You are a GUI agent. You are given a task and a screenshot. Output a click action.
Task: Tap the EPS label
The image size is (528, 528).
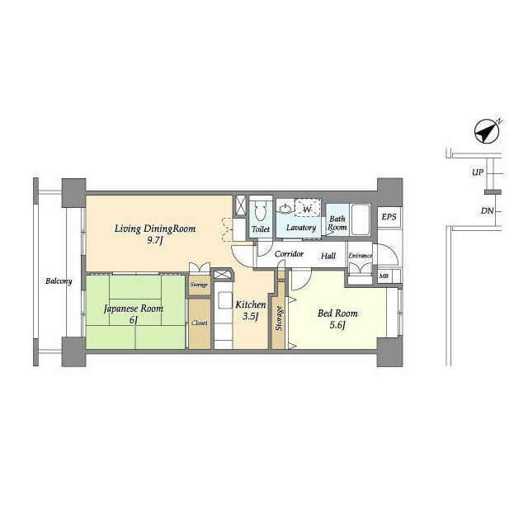click(389, 217)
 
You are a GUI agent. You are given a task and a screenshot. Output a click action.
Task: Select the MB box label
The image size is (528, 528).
click(384, 276)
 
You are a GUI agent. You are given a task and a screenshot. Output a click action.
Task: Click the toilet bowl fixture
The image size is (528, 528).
click(261, 211)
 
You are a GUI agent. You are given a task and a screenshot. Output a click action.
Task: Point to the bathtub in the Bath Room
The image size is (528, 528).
click(361, 220)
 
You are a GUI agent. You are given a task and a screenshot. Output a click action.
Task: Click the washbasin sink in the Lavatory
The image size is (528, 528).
click(285, 209)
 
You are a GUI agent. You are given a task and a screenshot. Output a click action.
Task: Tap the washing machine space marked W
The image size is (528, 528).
click(308, 208)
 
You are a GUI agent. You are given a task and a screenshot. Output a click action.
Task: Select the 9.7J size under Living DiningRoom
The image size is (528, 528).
click(155, 241)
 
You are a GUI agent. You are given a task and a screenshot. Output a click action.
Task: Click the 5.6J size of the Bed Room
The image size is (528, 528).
click(337, 325)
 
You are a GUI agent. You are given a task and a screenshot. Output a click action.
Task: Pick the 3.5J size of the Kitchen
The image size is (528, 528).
click(251, 316)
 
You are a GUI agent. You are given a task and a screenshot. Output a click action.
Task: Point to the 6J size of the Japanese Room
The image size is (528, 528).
click(134, 319)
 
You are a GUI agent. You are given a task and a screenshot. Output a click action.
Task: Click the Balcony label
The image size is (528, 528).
click(59, 281)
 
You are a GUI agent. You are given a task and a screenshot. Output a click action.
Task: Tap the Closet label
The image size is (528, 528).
click(200, 323)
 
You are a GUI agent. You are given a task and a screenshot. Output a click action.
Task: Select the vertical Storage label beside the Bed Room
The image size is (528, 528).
click(279, 318)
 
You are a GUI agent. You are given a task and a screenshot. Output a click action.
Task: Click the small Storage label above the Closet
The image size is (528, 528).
click(199, 285)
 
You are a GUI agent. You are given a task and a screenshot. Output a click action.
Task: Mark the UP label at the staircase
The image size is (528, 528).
click(478, 172)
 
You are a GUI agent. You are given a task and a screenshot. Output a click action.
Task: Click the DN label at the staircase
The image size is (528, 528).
click(487, 211)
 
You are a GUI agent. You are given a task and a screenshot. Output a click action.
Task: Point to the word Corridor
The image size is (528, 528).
click(289, 253)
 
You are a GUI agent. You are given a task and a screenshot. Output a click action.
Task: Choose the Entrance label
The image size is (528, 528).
click(361, 256)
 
